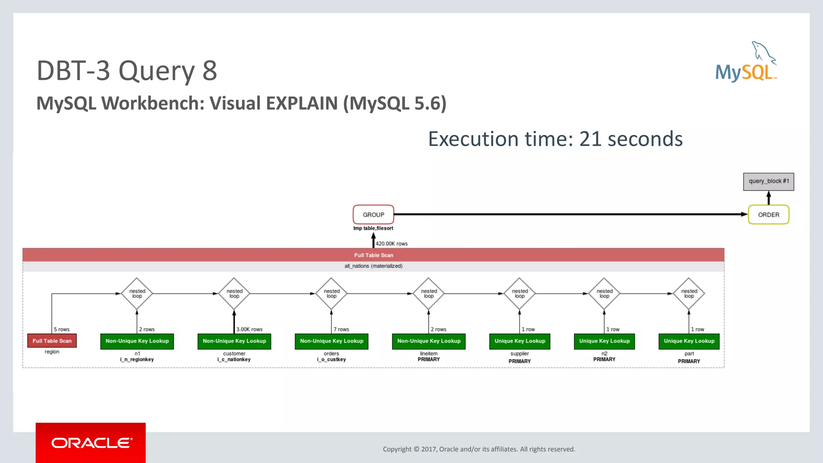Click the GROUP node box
coord(373,215)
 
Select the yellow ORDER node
coord(768,215)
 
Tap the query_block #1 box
coord(768,181)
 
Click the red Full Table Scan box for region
coord(52,341)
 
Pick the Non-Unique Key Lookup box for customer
coord(234,341)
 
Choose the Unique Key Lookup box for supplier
coord(520,341)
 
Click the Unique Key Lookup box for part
coord(689,341)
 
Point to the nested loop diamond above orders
coord(332,294)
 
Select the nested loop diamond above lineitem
coord(429,294)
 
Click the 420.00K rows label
coord(391,244)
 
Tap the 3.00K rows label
coord(249,329)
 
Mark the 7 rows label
coord(341,329)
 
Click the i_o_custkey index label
coord(332,360)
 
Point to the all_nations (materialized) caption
coord(373,266)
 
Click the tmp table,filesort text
coord(373,228)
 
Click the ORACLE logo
coord(91,443)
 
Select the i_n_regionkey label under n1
coord(137,360)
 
